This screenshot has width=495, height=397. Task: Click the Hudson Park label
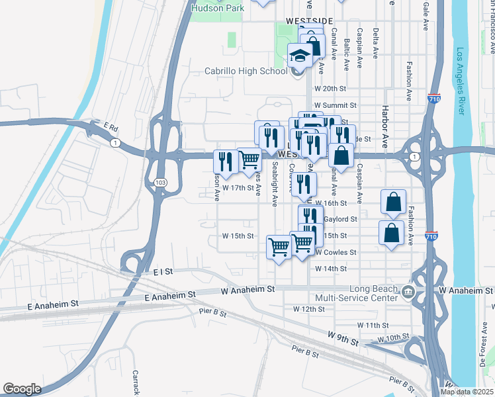coord(217,8)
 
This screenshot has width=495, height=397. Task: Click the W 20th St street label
coord(330,89)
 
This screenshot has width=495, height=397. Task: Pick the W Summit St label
coord(335,105)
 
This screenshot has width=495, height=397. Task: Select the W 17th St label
coord(238,188)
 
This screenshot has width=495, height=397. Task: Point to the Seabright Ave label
coord(274,184)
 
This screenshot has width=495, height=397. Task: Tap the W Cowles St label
coord(336,253)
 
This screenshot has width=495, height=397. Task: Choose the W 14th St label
coord(330,269)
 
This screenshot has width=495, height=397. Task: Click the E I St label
coord(162,271)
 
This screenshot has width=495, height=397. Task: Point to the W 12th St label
coord(309,309)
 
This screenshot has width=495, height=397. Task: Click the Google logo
coord(22,389)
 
